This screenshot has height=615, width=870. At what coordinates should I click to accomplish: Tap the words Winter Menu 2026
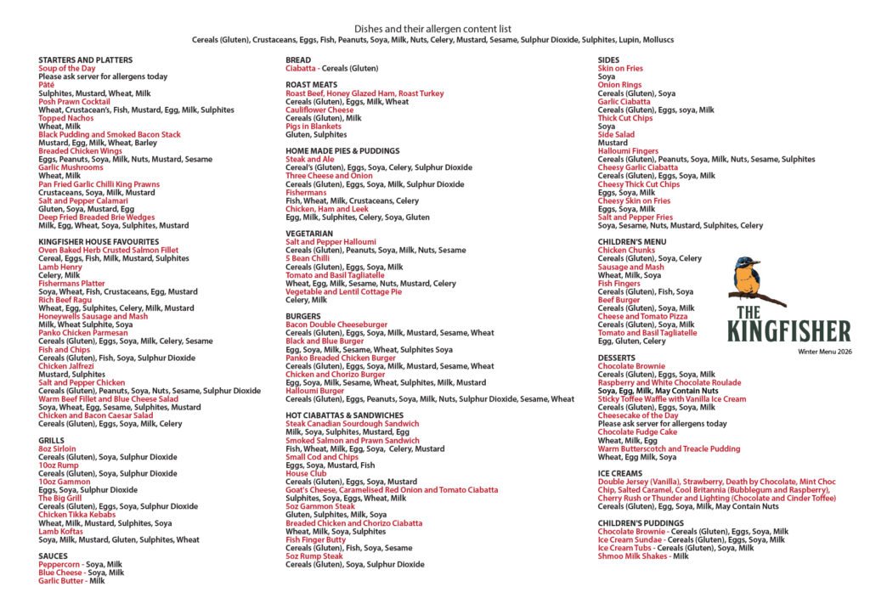pyautogui.click(x=823, y=351)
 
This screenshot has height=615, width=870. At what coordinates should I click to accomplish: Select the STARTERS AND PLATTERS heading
pyautogui.click(x=85, y=60)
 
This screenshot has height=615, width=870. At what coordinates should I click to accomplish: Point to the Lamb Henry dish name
pyautogui.click(x=59, y=267)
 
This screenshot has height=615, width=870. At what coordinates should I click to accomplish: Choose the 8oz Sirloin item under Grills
pyautogui.click(x=57, y=449)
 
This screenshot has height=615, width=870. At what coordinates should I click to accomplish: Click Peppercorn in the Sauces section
pyautogui.click(x=59, y=564)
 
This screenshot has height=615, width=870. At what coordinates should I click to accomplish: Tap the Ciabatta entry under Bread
pyautogui.click(x=301, y=68)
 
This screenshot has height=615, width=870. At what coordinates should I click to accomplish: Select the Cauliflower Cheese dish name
pyautogui.click(x=319, y=110)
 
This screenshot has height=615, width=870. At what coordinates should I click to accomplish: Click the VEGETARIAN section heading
pyautogui.click(x=309, y=234)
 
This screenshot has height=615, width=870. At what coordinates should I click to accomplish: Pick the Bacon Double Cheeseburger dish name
pyautogui.click(x=336, y=324)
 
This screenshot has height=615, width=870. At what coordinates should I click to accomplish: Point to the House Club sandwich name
pyautogui.click(x=306, y=473)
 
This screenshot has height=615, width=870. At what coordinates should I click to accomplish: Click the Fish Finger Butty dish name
pyautogui.click(x=315, y=539)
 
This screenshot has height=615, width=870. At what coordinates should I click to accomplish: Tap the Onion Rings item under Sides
pyautogui.click(x=619, y=85)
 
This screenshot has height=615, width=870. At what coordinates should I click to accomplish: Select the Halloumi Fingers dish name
pyautogui.click(x=628, y=151)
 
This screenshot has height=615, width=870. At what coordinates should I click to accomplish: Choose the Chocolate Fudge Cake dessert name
pyautogui.click(x=638, y=432)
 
